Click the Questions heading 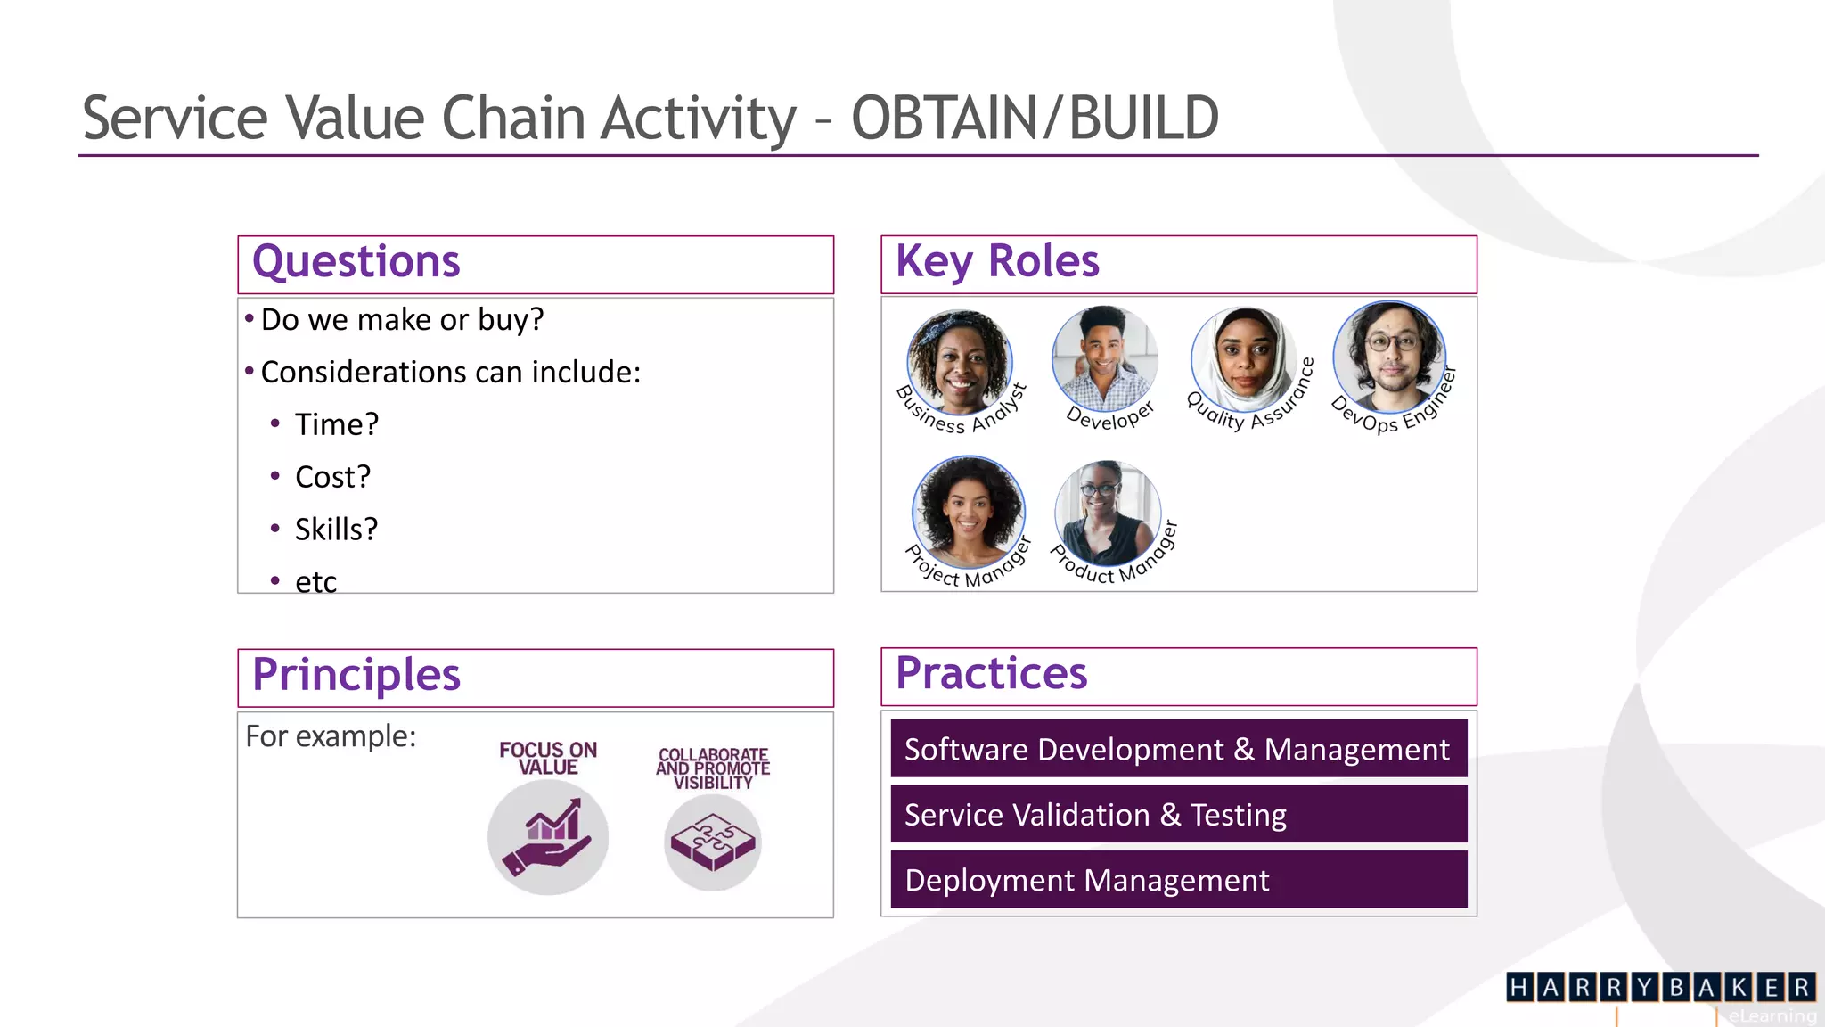pyautogui.click(x=356, y=262)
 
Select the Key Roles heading pyautogui.click(x=997, y=262)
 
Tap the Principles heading pyautogui.click(x=356, y=675)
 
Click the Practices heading pyautogui.click(x=991, y=673)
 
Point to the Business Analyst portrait pyautogui.click(x=960, y=362)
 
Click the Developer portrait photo pyautogui.click(x=1105, y=357)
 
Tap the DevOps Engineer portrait pyautogui.click(x=1388, y=357)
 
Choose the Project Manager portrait pyautogui.click(x=969, y=512)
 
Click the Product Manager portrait pyautogui.click(x=1108, y=513)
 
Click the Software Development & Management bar pyautogui.click(x=1178, y=749)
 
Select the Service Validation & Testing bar pyautogui.click(x=1178, y=815)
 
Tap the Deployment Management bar pyautogui.click(x=1178, y=880)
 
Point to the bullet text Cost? pyautogui.click(x=332, y=477)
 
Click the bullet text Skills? pyautogui.click(x=336, y=530)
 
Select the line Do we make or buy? pyautogui.click(x=402, y=320)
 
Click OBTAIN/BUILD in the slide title pyautogui.click(x=1035, y=118)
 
